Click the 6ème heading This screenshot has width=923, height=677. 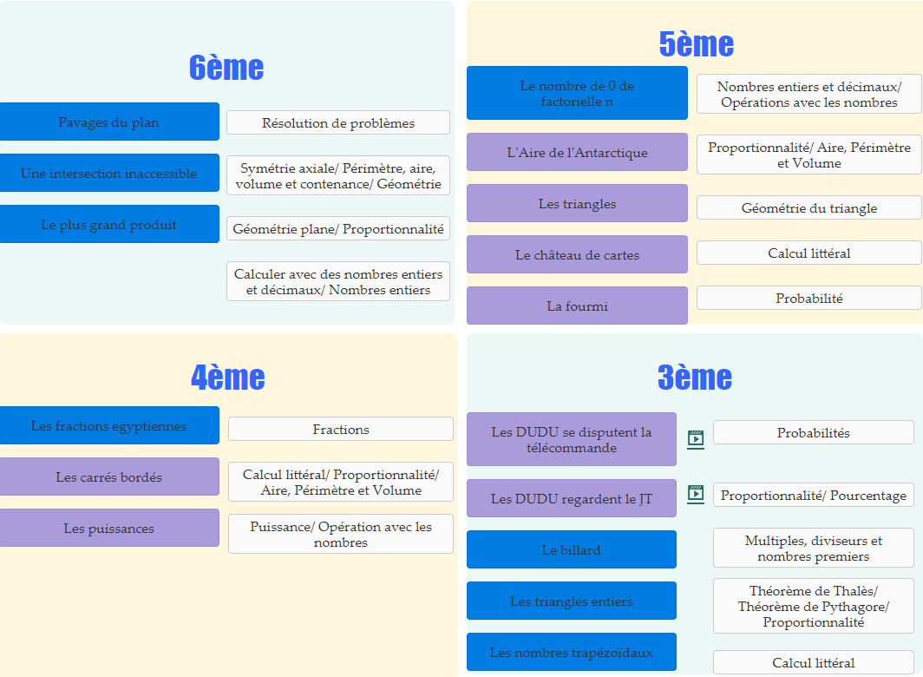[x=226, y=68]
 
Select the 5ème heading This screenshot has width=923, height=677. [x=696, y=43]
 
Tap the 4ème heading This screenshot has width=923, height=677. [x=227, y=377]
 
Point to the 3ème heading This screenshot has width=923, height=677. [x=694, y=377]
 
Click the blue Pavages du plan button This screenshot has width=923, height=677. [x=109, y=122]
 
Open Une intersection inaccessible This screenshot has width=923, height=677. [x=109, y=174]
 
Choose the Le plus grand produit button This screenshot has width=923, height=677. [x=109, y=225]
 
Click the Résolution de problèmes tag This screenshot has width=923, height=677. [x=338, y=123]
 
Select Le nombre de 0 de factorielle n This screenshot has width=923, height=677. [x=577, y=94]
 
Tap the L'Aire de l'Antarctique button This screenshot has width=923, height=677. [x=577, y=153]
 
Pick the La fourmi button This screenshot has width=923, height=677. [x=577, y=306]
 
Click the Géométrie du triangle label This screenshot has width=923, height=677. [x=808, y=208]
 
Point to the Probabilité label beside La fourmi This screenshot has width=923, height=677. [x=808, y=299]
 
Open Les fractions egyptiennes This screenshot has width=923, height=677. [x=109, y=426]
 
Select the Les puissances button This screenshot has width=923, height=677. [x=109, y=529]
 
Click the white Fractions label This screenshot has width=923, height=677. [x=341, y=430]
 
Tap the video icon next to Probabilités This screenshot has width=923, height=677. [x=696, y=438]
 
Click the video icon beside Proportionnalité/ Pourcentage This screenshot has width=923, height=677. [x=696, y=494]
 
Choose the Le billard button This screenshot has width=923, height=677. [x=571, y=550]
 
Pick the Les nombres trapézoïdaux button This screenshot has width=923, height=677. [x=571, y=653]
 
